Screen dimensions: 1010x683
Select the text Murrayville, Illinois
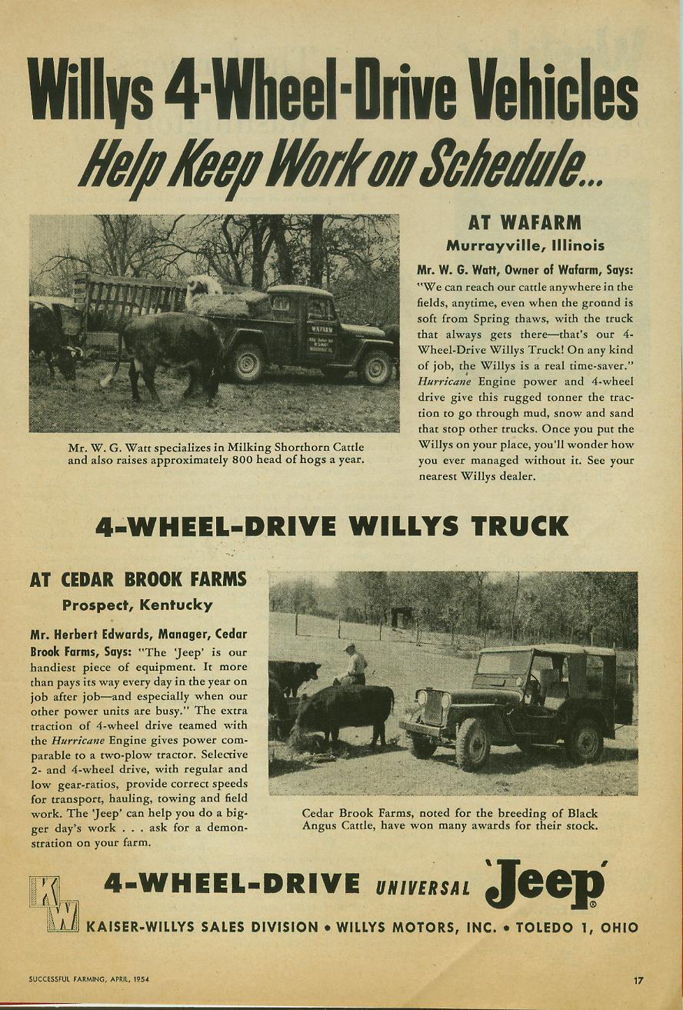[x=525, y=246]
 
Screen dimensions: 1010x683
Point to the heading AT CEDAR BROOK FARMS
[x=138, y=580]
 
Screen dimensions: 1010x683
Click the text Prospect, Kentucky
[x=138, y=605]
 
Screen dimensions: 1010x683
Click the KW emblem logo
[x=54, y=905]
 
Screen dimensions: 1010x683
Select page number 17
[x=638, y=981]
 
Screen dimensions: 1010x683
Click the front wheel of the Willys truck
[x=376, y=366]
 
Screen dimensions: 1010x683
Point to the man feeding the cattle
[x=353, y=666]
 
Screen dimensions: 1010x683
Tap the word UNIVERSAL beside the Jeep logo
[x=423, y=888]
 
